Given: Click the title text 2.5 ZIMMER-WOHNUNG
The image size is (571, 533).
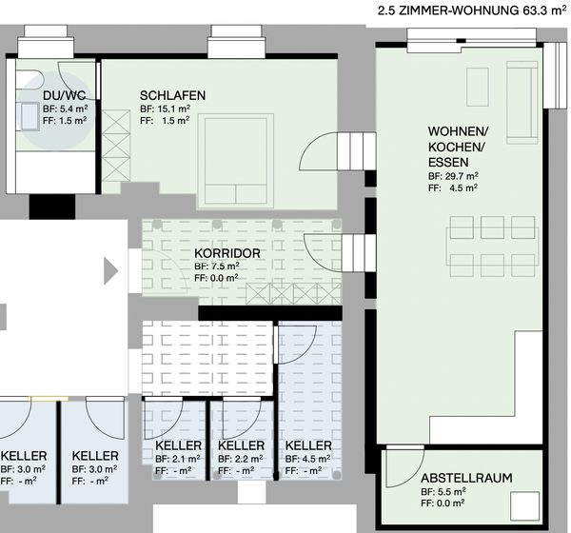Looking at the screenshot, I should [447, 11].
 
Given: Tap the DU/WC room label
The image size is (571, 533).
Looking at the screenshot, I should [65, 96].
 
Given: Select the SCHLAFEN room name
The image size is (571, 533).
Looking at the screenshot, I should [172, 96].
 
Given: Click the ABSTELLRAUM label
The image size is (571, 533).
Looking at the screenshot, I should [466, 478].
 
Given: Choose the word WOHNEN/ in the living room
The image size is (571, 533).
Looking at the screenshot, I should [458, 130].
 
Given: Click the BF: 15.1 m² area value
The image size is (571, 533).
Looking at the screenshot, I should [166, 109].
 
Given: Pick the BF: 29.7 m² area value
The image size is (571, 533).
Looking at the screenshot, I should [453, 176].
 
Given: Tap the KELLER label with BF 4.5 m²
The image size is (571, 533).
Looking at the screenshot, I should [308, 445].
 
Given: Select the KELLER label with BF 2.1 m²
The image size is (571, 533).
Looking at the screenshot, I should [178, 445].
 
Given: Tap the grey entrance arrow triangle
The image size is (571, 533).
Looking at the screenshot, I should [110, 271].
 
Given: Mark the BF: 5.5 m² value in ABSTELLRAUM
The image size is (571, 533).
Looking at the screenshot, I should [443, 491].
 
